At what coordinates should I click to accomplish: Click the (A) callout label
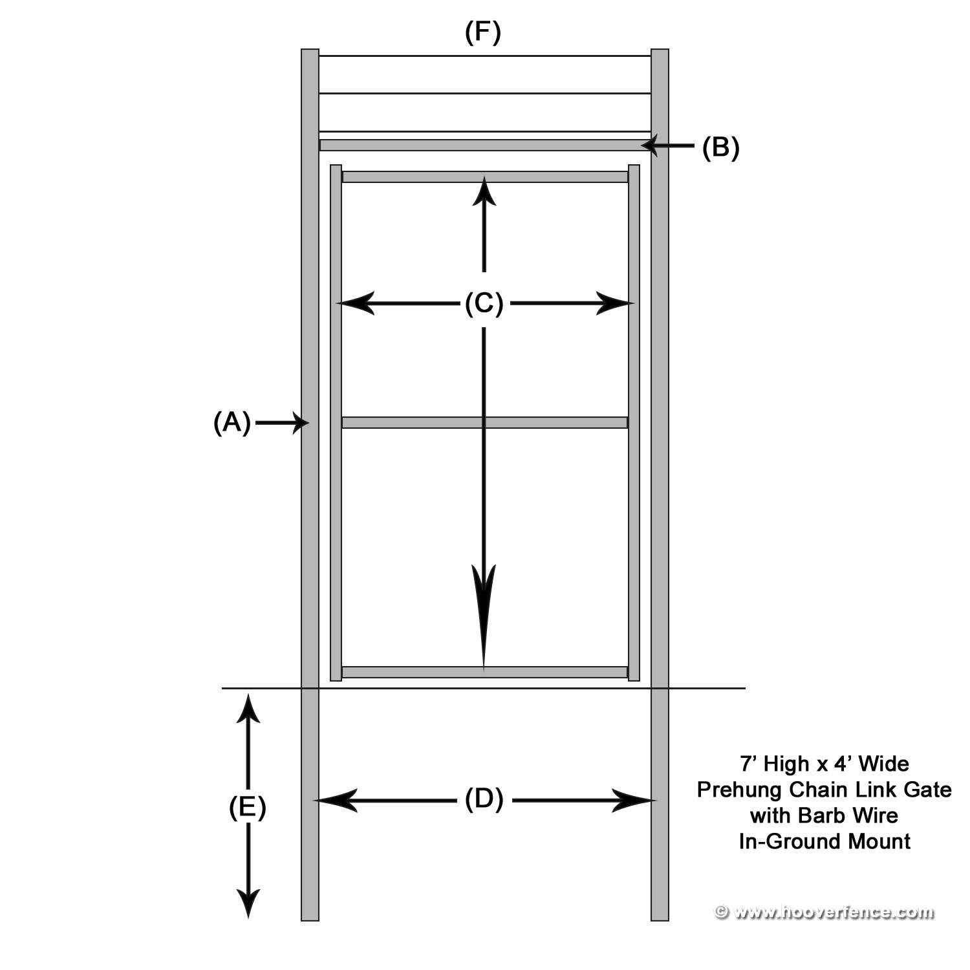[x=232, y=423]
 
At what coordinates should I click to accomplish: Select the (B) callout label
[x=720, y=148]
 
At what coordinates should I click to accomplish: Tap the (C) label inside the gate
[x=484, y=303]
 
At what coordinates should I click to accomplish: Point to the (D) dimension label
[x=484, y=800]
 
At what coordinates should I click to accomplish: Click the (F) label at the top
[x=483, y=32]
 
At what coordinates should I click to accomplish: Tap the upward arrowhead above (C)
[x=484, y=191]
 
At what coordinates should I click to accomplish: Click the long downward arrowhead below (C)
[x=484, y=614]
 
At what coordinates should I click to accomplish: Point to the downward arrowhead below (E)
[x=248, y=902]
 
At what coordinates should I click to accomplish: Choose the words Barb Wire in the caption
[x=848, y=815]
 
